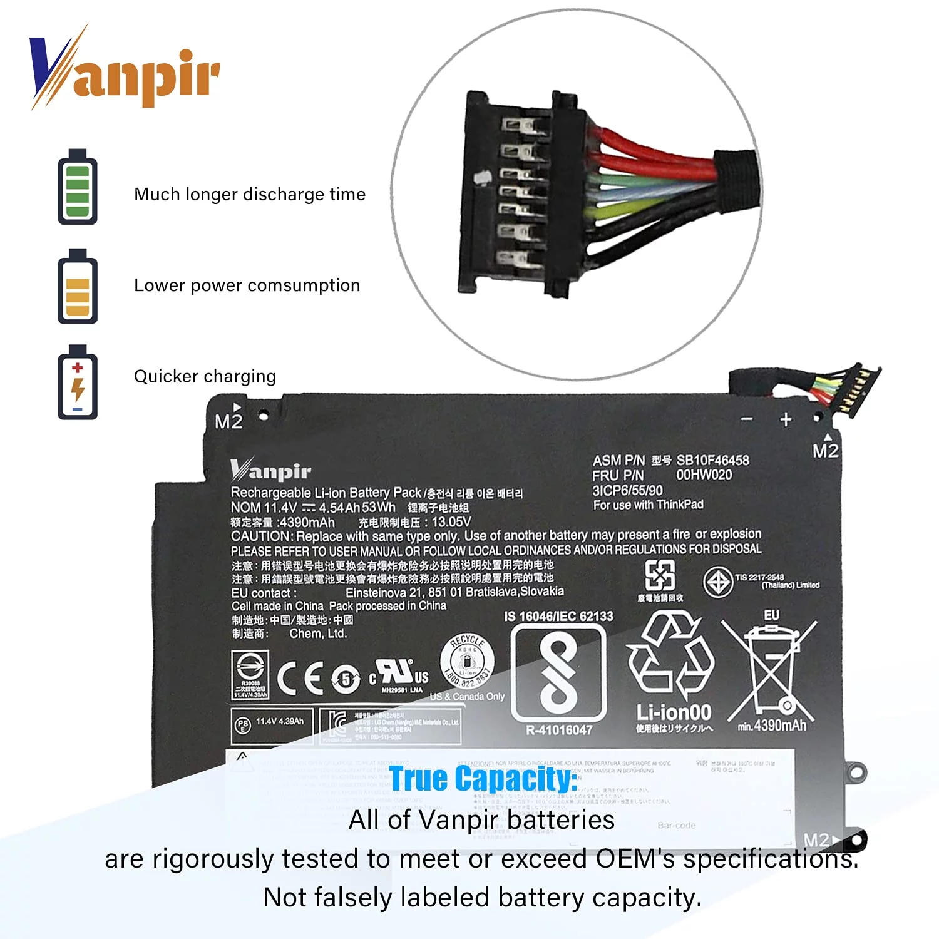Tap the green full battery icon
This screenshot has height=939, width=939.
[78, 187]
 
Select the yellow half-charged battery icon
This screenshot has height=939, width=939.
[78, 287]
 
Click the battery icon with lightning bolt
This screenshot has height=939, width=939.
[78, 382]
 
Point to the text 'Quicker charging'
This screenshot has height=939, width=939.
[205, 376]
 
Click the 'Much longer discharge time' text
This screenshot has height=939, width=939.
[249, 194]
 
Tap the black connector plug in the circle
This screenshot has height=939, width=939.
[520, 194]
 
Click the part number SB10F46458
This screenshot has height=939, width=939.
[712, 460]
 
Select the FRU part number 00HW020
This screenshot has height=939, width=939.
[704, 475]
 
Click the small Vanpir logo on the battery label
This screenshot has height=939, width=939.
[270, 470]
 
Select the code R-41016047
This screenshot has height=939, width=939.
[559, 730]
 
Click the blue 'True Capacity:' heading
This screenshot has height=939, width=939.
[483, 779]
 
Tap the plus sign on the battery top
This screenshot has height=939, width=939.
[786, 419]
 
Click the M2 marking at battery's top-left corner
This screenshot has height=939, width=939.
[228, 421]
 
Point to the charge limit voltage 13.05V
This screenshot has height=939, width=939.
[451, 522]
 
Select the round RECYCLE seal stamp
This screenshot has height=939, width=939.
[467, 661]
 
